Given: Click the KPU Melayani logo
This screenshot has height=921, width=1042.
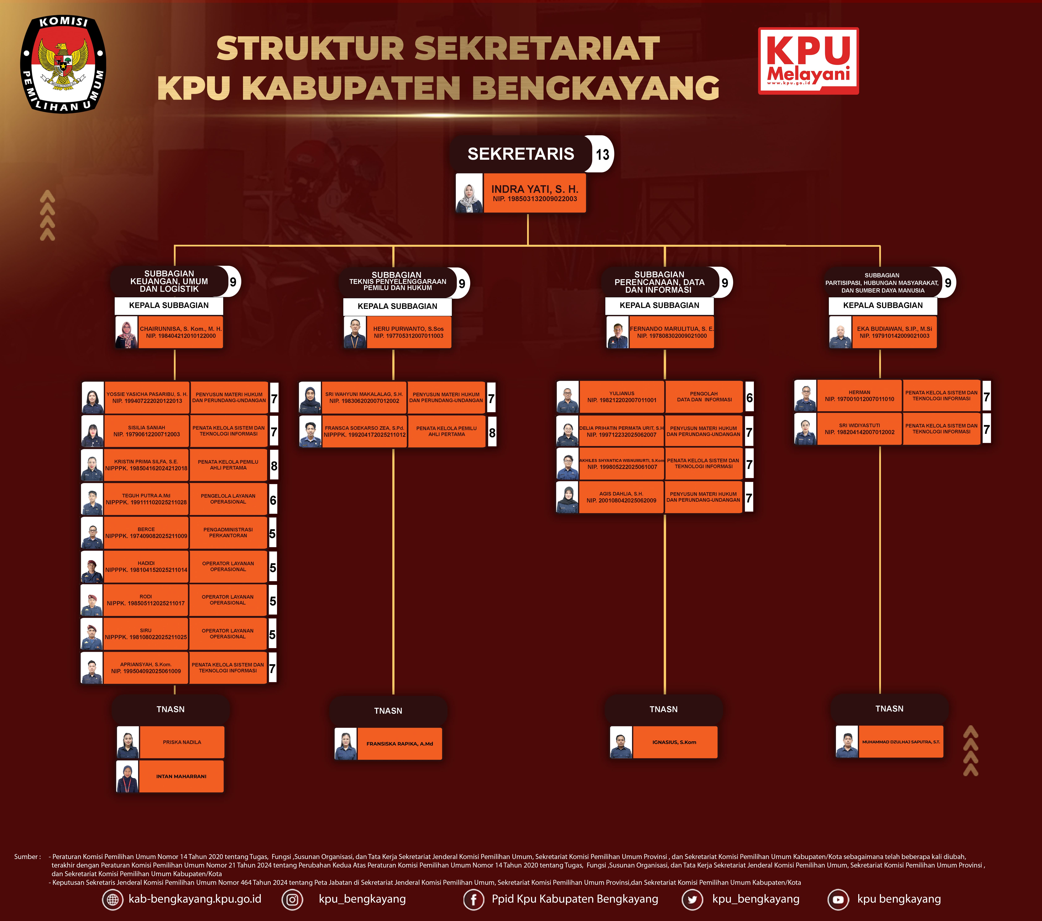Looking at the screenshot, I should pos(808,61).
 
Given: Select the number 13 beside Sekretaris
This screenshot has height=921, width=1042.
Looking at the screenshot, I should pos(602,154).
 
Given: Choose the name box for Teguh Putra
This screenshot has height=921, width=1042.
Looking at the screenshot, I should pos(146,499).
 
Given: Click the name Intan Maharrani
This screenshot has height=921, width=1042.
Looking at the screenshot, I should pos(181,776).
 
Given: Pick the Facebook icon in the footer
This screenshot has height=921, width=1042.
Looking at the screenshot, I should pos(473,900).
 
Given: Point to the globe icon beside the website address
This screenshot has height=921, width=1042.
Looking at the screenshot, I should pos(113,900).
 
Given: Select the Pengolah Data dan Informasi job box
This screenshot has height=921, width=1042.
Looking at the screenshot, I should pos(703,397).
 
